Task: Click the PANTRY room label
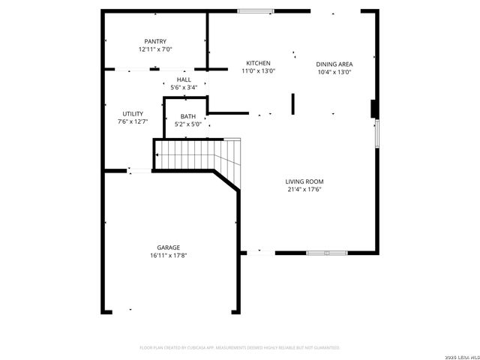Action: click(155, 41)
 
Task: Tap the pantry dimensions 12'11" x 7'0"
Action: click(155, 49)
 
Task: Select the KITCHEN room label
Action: click(258, 63)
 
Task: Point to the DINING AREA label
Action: click(334, 64)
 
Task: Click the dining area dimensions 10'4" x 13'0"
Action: click(334, 73)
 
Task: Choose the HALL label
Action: click(184, 79)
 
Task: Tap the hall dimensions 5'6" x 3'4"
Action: click(184, 88)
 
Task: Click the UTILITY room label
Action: click(133, 113)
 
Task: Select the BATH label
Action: click(187, 116)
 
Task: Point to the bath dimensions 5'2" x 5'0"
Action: click(187, 124)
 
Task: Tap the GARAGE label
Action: click(168, 247)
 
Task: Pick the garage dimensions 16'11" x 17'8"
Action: click(168, 256)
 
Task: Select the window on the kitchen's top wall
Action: click(256, 10)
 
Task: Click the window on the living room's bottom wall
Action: click(326, 253)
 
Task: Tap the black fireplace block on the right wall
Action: click(373, 109)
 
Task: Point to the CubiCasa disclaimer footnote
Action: click(240, 348)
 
